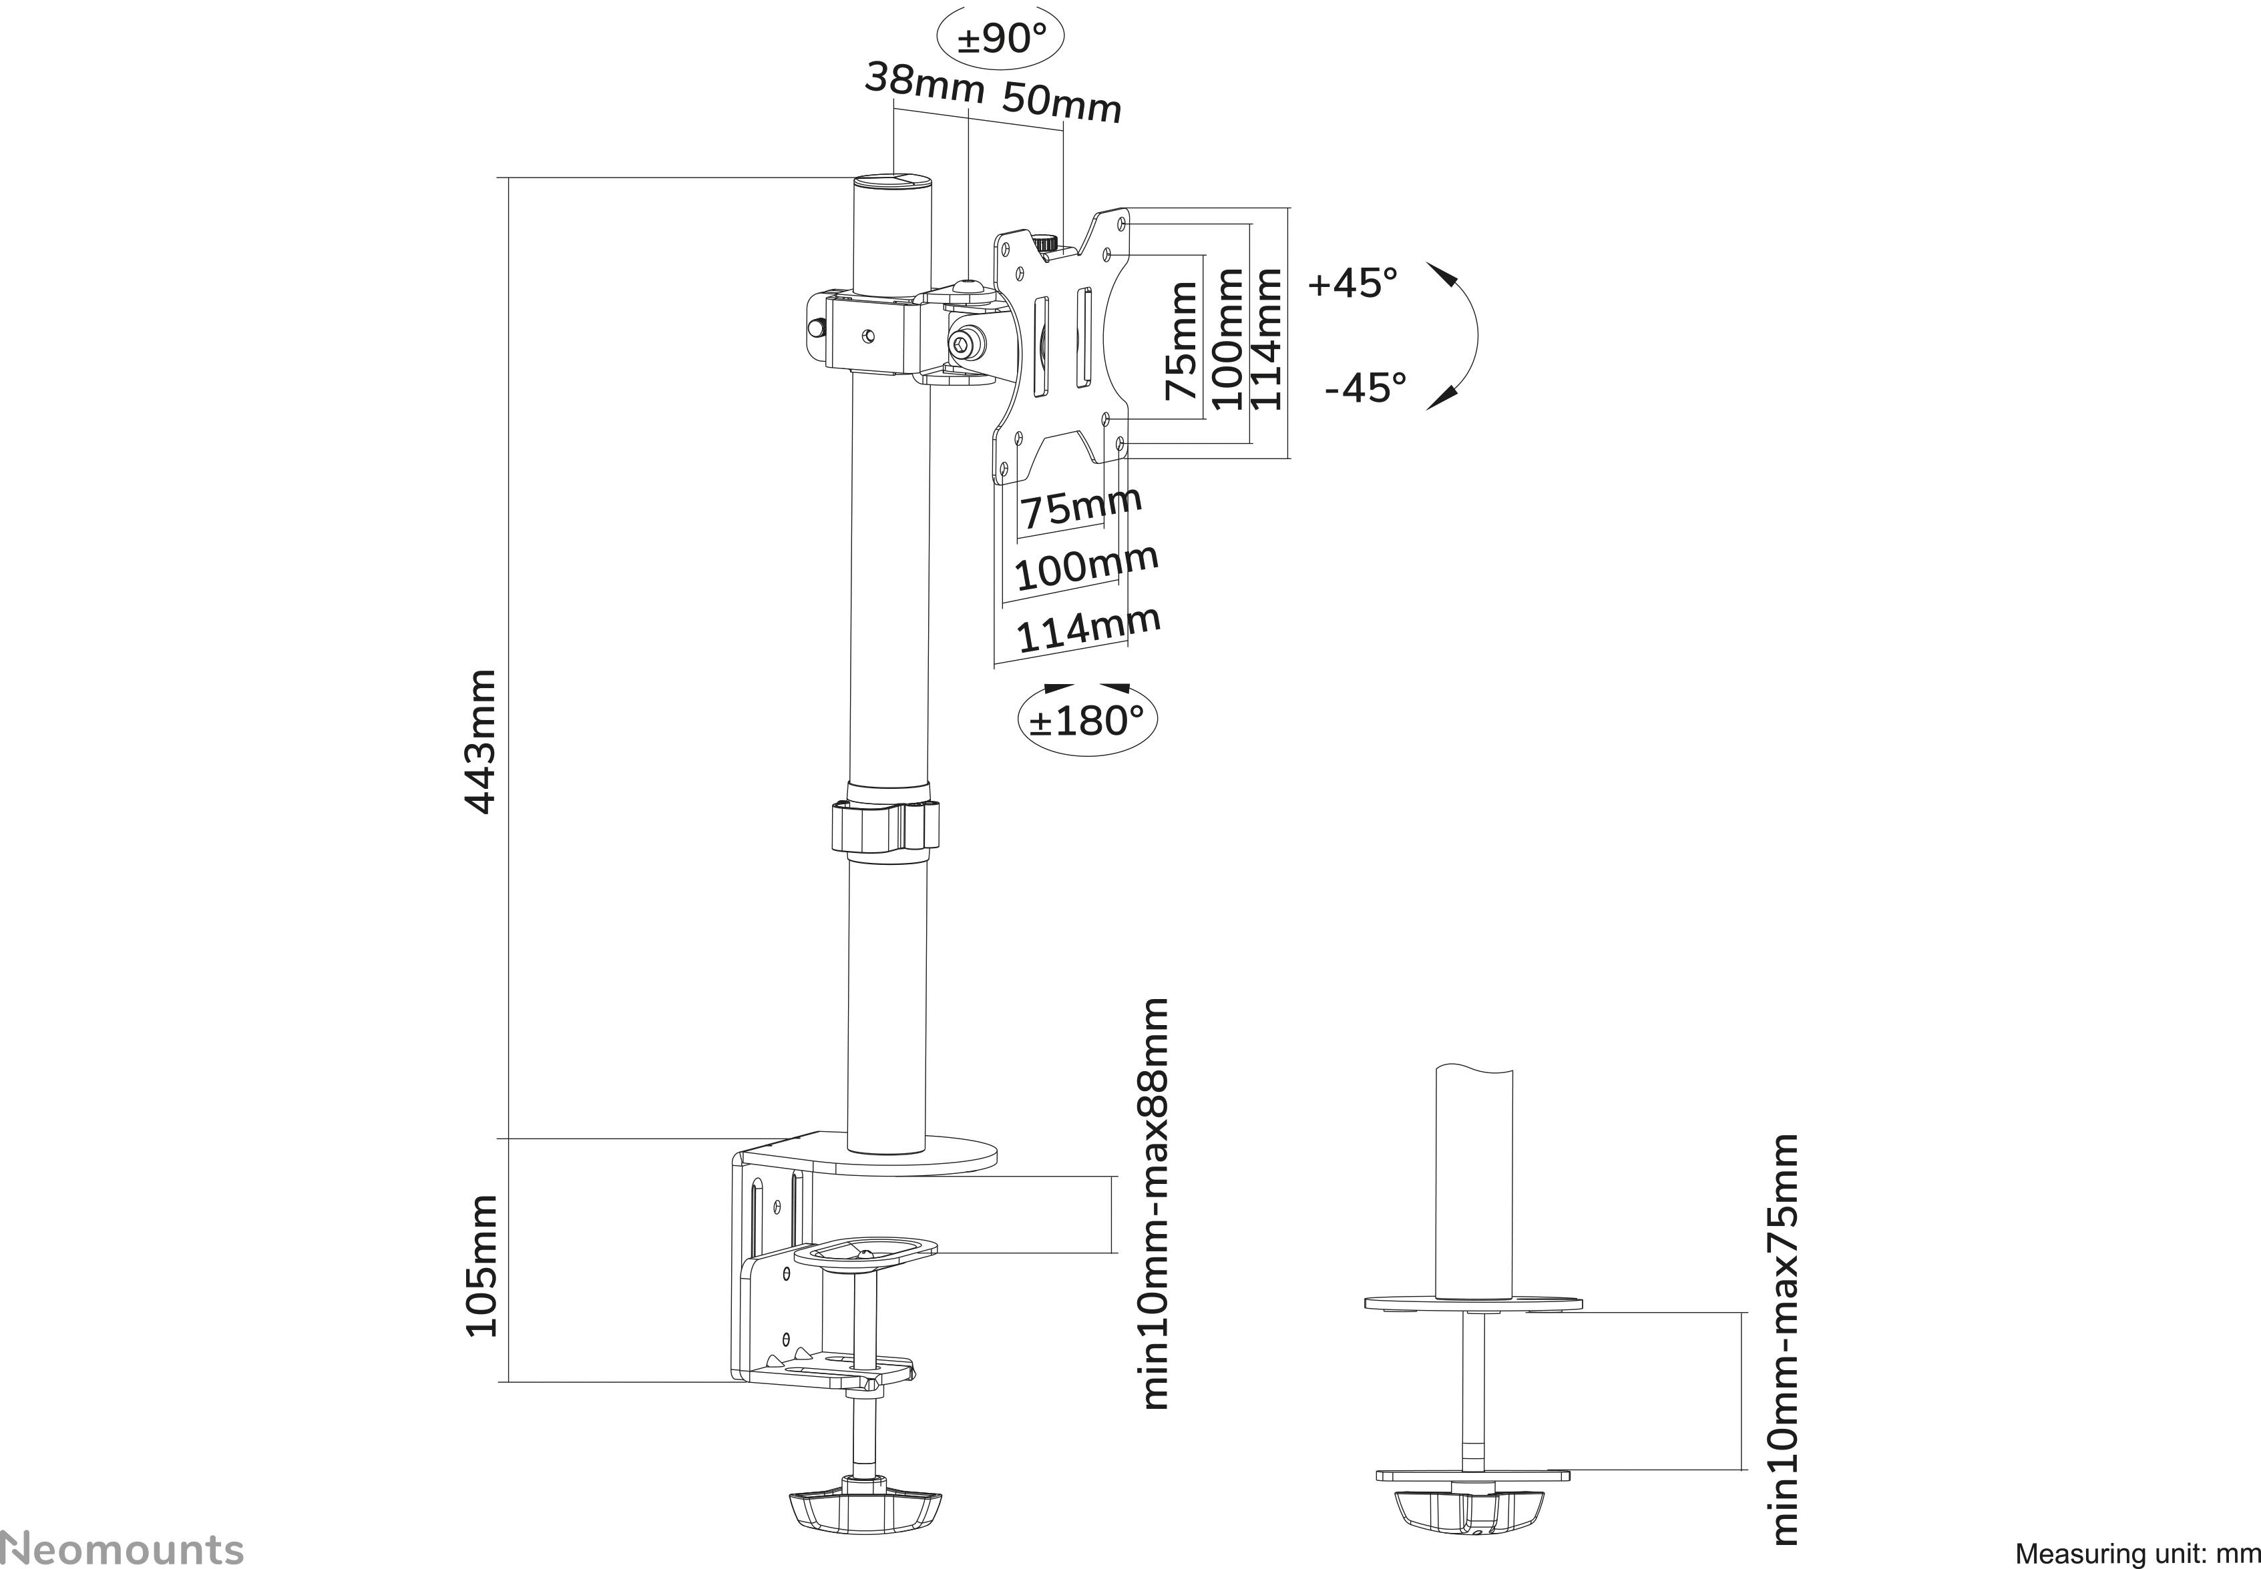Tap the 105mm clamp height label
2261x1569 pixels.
[x=480, y=1265]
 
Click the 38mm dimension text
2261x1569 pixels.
[x=923, y=83]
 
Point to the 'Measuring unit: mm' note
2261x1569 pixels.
[x=2135, y=1553]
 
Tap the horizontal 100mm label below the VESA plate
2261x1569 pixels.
[x=1085, y=567]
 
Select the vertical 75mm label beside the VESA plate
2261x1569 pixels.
[x=1181, y=340]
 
